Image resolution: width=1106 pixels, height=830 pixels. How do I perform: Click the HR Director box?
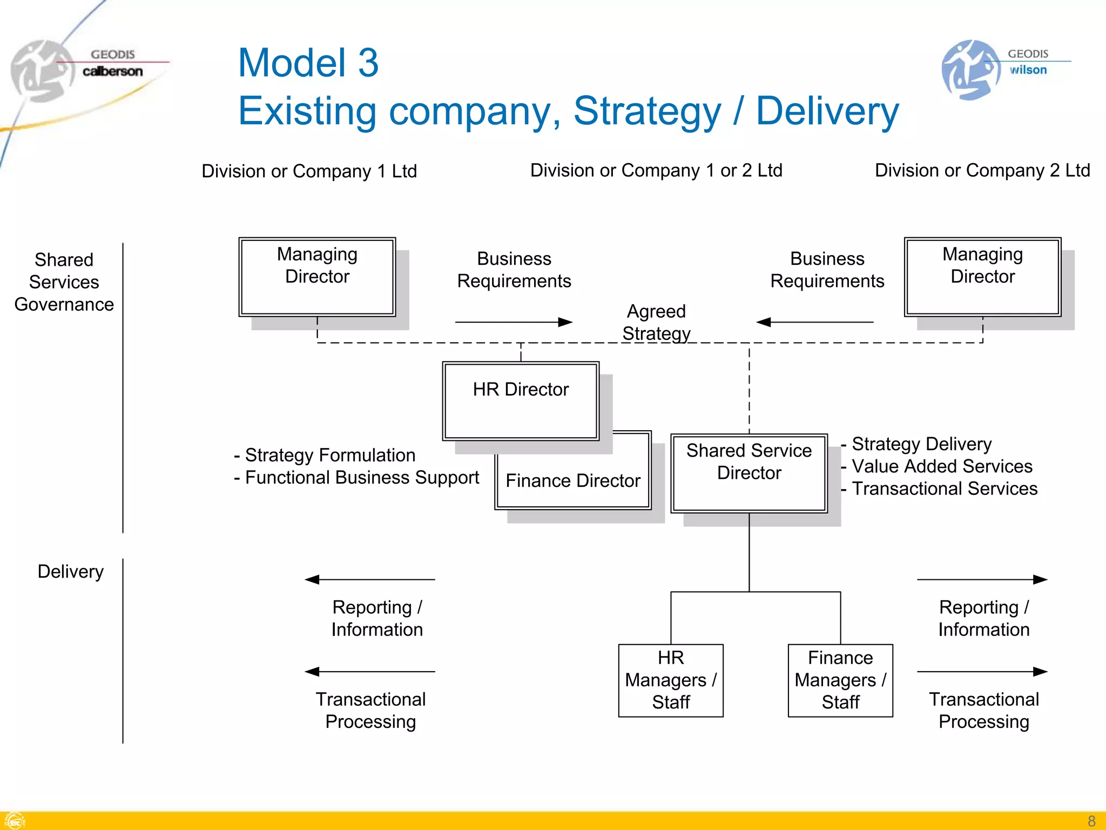pos(521,400)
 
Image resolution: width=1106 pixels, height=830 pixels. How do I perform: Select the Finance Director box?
pos(572,480)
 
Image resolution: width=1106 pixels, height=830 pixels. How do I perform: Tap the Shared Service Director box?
pos(748,472)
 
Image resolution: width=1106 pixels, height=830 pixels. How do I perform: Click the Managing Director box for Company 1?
pos(317,277)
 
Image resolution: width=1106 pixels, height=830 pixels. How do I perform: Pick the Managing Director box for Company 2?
pos(982,277)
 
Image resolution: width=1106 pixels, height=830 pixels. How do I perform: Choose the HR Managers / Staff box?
pos(671,680)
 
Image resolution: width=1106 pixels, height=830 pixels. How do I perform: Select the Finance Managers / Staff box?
pos(840,680)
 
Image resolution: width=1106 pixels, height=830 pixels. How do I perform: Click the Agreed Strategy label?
pos(656,323)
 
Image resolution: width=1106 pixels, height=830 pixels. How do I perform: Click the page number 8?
pos(1091,821)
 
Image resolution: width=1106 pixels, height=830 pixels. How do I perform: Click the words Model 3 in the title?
pos(308,63)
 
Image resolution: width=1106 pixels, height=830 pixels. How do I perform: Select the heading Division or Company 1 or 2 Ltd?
pos(656,171)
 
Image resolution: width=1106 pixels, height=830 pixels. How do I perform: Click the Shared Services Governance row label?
pos(64,282)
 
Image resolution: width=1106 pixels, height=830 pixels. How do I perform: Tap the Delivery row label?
pos(70,572)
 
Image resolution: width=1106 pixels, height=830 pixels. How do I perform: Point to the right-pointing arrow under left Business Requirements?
pos(513,322)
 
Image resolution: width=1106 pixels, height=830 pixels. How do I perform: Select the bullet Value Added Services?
pos(941,466)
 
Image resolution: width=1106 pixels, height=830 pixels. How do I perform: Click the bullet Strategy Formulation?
pos(329,455)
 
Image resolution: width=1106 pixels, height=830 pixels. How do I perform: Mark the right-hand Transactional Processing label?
pos(983,711)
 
